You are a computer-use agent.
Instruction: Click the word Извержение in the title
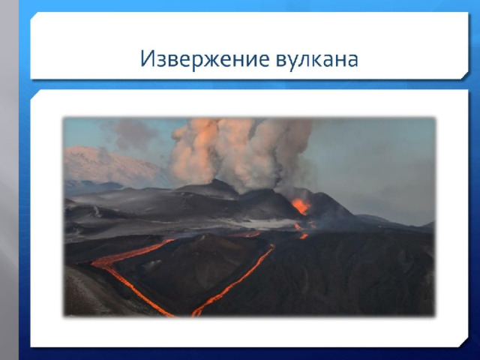tap(205, 58)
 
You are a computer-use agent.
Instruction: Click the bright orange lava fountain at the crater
tap(301, 206)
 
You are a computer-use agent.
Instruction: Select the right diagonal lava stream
tap(233, 280)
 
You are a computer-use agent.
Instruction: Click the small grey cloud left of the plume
tap(135, 133)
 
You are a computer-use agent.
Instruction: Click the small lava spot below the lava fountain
tap(304, 236)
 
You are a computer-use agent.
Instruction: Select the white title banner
tap(249, 45)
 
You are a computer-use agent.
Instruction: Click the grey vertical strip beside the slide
tap(9, 180)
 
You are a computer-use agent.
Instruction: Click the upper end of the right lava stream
tap(271, 246)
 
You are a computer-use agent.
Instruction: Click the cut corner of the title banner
tap(465, 76)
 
